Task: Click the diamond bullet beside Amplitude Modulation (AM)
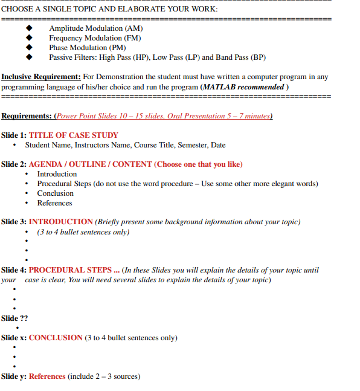(x=28, y=28)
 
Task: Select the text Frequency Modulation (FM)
(x=95, y=38)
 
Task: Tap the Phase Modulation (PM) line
(x=87, y=48)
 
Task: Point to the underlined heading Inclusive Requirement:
(x=41, y=77)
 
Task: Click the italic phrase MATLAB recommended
(x=244, y=86)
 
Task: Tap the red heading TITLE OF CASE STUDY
(x=74, y=135)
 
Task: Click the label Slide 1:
(x=14, y=135)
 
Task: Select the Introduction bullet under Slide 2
(x=57, y=174)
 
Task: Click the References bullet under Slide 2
(x=54, y=203)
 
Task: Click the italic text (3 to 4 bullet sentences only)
(x=83, y=231)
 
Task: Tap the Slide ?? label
(x=14, y=318)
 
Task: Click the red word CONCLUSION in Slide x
(x=56, y=338)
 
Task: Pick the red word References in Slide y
(x=47, y=376)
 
